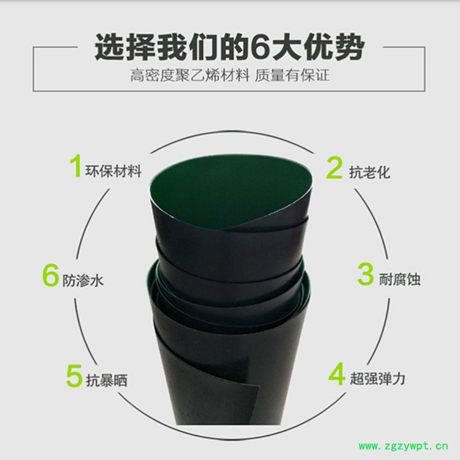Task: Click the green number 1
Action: (75, 166)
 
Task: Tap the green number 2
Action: (334, 167)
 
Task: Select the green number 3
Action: (366, 274)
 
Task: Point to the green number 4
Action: (337, 374)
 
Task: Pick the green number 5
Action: (74, 375)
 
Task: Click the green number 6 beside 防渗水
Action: (50, 275)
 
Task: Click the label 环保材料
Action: (113, 171)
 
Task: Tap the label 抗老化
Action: (370, 172)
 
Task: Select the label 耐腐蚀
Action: (399, 279)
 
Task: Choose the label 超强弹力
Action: (378, 378)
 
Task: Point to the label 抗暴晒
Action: (107, 380)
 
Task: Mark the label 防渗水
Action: (83, 280)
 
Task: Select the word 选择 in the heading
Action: (125, 47)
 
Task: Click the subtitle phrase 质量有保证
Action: (292, 75)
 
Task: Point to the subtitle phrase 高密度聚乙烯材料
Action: (190, 75)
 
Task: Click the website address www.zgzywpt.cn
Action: (404, 447)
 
